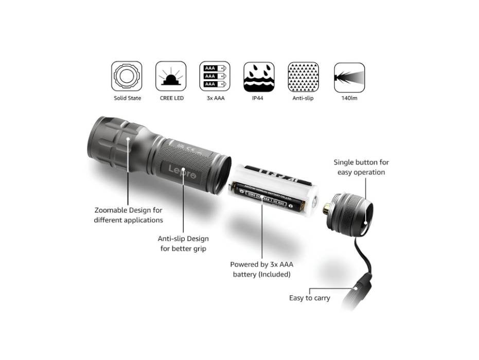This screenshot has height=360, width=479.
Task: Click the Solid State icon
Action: [127, 77]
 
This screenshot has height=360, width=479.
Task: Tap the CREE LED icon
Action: [171, 77]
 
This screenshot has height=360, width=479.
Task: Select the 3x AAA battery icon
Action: [215, 77]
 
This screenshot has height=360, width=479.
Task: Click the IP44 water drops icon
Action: [259, 77]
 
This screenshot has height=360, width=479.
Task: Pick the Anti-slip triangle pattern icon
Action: [303, 77]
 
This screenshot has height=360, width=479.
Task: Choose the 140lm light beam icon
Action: [349, 77]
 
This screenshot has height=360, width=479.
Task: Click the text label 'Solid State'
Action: [127, 98]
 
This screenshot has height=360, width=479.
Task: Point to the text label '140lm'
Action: [349, 98]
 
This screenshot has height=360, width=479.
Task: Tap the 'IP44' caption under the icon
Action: [258, 98]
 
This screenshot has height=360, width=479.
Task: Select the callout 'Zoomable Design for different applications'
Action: [129, 215]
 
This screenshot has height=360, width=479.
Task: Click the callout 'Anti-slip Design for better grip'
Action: [183, 244]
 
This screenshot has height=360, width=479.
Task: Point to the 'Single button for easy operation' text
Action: [361, 167]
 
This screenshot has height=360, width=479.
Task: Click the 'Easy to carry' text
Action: [309, 298]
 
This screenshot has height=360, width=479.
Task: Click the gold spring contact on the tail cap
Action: [327, 209]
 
